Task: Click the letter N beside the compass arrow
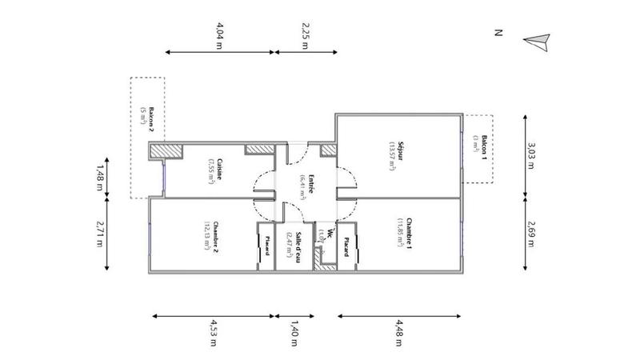click(498, 33)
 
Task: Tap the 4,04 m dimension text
click(218, 35)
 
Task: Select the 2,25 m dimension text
click(305, 35)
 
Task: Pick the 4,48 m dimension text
click(398, 333)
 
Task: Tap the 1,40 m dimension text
click(294, 333)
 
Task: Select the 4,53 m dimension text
click(214, 333)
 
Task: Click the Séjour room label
click(398, 146)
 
